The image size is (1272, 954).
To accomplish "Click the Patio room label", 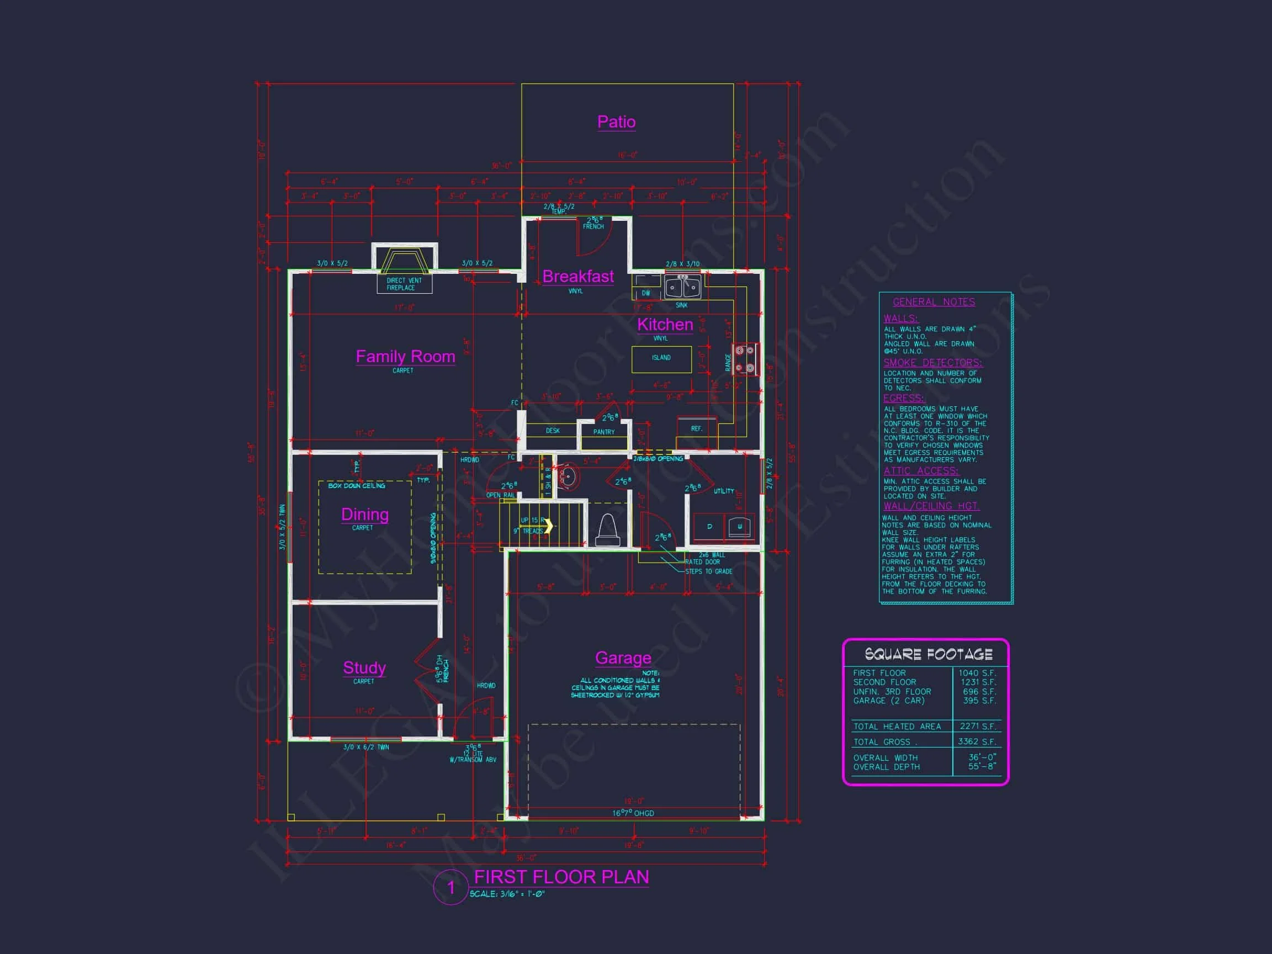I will [x=616, y=122].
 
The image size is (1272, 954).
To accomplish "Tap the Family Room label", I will [x=405, y=357].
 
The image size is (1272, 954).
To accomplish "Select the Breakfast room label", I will [x=578, y=277].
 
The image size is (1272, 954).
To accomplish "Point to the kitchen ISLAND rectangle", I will [x=661, y=359].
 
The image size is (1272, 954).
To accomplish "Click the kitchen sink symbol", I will [x=682, y=287].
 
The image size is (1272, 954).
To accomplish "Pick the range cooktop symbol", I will [x=745, y=359].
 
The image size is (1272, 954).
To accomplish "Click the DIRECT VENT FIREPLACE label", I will [x=404, y=284].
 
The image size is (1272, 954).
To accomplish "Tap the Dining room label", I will [x=364, y=514].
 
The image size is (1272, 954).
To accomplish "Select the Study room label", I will [x=364, y=667].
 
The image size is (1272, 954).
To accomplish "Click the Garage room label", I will [x=623, y=658].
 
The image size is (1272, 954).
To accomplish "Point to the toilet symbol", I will [x=608, y=528].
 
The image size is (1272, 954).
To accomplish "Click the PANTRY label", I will [x=604, y=432].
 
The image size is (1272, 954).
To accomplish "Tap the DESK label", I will [x=553, y=431].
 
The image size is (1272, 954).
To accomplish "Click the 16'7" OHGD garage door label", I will [x=633, y=813].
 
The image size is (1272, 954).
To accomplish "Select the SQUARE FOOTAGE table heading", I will [x=928, y=654].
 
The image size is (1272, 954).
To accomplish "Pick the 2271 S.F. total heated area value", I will [x=978, y=727].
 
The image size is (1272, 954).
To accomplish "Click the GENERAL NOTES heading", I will [x=934, y=302].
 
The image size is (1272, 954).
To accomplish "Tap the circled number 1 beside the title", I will [x=451, y=888].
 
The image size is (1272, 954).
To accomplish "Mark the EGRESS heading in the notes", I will [x=903, y=398].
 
